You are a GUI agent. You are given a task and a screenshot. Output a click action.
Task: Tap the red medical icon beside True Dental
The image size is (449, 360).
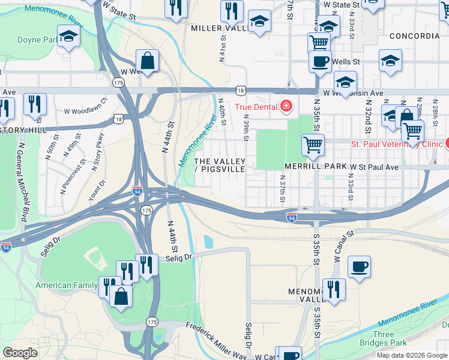286,107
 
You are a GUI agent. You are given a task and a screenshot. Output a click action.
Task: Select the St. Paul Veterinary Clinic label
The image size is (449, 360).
396,145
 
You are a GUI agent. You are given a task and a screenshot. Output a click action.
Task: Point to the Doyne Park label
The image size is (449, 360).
37,40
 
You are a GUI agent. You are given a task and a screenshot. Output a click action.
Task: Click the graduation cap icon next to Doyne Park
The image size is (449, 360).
69,37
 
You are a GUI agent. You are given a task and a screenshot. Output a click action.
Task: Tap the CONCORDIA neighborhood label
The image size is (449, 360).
414,36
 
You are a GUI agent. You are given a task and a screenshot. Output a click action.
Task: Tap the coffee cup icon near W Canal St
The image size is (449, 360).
359,267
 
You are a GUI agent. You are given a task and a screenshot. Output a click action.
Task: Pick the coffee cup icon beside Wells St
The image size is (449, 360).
321,61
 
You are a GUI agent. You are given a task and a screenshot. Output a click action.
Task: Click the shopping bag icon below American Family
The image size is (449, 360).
121,296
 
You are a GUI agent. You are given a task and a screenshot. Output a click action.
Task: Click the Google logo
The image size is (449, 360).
20,353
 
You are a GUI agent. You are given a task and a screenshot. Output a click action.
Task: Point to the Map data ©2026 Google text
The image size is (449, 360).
412,355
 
